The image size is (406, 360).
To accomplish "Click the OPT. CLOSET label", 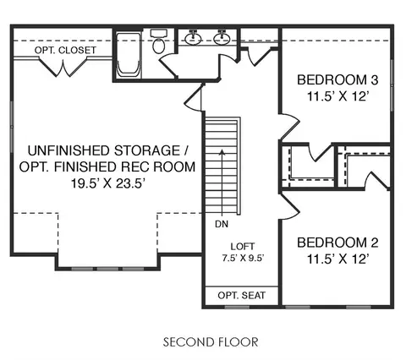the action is tap(65, 50).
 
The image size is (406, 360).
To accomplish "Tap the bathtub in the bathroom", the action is tap(129, 56).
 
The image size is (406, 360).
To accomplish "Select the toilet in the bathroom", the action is tap(159, 41).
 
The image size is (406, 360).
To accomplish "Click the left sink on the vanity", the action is tap(193, 38).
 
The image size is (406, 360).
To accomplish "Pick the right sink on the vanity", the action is tap(222, 38).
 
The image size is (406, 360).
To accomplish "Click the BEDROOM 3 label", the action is tap(337, 80).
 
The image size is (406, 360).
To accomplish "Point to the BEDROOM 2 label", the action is tap(337, 243).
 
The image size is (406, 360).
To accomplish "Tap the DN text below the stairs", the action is tap(222, 224).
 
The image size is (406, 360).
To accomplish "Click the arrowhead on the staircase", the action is tap(222, 152).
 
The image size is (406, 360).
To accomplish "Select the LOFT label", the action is tap(243, 247).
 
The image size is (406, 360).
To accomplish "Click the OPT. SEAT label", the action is tap(242, 296).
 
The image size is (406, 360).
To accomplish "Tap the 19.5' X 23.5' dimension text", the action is tap(107, 183).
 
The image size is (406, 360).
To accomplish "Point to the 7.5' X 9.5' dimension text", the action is tap(243, 259).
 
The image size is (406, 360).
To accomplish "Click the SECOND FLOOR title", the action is tap(211, 342).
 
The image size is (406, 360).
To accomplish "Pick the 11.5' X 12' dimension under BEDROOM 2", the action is tap(337, 259).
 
